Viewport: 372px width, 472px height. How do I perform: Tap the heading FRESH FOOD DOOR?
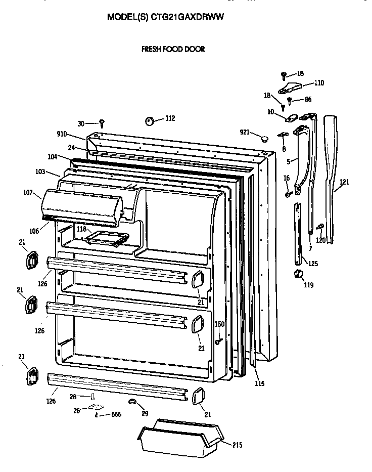[x=172, y=49]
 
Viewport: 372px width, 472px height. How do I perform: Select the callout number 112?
[x=170, y=118]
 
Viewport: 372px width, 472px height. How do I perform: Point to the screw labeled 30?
[x=102, y=122]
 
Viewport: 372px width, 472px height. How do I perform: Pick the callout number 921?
[x=245, y=132]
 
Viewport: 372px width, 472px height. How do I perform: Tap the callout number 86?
[x=307, y=100]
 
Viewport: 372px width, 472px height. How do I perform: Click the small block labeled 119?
[x=298, y=274]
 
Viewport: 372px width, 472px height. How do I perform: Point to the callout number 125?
[x=313, y=263]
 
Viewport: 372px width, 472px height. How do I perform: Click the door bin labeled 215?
[x=181, y=437]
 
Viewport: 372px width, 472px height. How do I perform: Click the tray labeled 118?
[x=106, y=237]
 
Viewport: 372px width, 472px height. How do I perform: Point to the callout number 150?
[x=219, y=324]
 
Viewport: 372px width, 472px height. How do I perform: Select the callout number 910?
[x=62, y=134]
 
